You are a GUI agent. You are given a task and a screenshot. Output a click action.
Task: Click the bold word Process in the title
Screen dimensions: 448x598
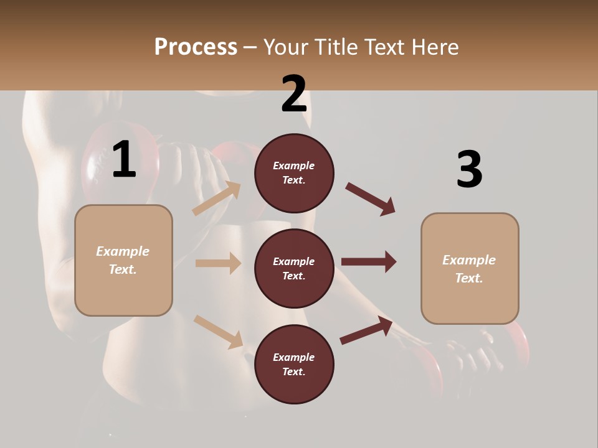[196, 47]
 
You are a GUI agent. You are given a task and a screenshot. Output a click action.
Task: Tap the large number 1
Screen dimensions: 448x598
[124, 160]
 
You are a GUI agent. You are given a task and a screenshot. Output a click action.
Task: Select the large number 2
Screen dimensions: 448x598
[294, 94]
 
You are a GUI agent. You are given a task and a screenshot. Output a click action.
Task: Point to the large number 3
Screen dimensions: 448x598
[469, 169]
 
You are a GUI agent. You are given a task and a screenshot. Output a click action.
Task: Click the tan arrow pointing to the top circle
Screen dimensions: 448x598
[216, 198]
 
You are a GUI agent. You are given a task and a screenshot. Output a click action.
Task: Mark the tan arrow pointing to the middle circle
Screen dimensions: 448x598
[218, 263]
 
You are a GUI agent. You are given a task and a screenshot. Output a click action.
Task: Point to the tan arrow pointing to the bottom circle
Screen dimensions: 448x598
[218, 331]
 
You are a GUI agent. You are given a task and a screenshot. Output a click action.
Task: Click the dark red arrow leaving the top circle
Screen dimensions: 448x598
[371, 199]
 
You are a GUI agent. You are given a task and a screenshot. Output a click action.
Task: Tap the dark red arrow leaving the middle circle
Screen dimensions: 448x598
[369, 261]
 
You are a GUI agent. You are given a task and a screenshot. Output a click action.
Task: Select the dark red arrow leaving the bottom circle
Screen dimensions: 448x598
[366, 330]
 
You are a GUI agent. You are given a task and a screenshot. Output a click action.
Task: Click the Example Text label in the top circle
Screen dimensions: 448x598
[294, 173]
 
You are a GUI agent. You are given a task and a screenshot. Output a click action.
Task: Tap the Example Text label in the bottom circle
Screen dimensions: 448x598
[294, 365]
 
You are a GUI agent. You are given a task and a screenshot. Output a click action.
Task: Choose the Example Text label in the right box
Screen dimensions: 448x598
[469, 269]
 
